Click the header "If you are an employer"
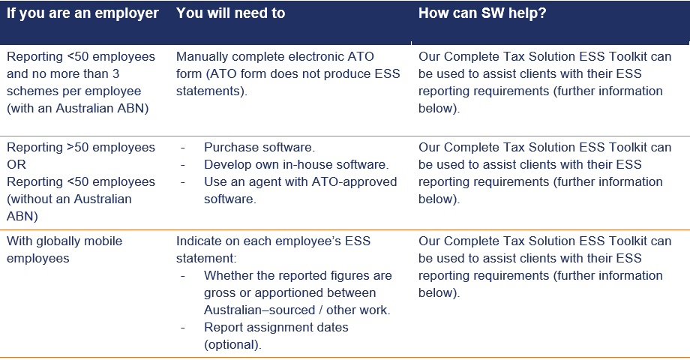(82, 13)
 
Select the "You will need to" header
(230, 13)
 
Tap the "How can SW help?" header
(482, 13)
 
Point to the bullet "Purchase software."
(259, 147)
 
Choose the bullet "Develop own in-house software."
(296, 164)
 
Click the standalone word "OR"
(16, 164)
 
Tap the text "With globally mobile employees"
(64, 250)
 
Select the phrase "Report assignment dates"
(276, 328)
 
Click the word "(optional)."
(232, 344)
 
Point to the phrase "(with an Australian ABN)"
(78, 108)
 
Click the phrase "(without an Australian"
(69, 199)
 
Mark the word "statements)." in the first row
(211, 91)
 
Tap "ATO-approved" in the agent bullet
(354, 181)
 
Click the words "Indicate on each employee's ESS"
(273, 241)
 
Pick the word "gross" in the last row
(220, 293)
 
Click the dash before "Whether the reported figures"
(182, 276)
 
